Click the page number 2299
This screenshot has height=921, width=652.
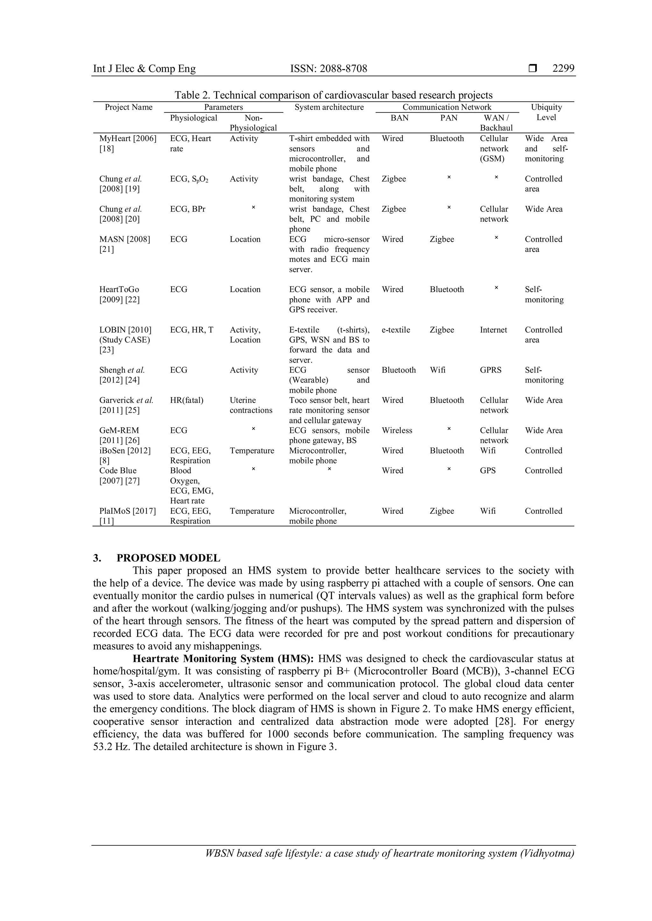pos(563,69)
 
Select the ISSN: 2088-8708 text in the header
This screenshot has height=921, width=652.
pos(329,69)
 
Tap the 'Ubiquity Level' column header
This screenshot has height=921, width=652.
pos(546,112)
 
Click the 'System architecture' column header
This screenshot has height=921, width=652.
pos(329,107)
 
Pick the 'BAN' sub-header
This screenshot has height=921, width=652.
pos(399,118)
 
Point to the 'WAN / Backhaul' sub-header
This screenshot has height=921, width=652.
pos(496,123)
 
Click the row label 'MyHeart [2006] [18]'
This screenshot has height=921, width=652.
pos(128,143)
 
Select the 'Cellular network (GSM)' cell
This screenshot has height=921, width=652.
pos(494,149)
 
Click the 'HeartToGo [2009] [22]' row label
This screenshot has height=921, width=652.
pos(120,294)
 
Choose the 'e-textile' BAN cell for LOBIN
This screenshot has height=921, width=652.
pos(395,330)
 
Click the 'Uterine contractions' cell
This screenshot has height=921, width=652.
pos(251,405)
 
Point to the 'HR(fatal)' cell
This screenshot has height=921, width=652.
pos(187,400)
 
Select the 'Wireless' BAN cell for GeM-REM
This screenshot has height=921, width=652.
pos(397,430)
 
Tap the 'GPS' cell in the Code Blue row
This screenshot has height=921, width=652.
pos(487,471)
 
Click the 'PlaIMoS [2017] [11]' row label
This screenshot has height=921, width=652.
pos(127,516)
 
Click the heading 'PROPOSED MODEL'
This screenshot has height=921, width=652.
pos(168,558)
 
